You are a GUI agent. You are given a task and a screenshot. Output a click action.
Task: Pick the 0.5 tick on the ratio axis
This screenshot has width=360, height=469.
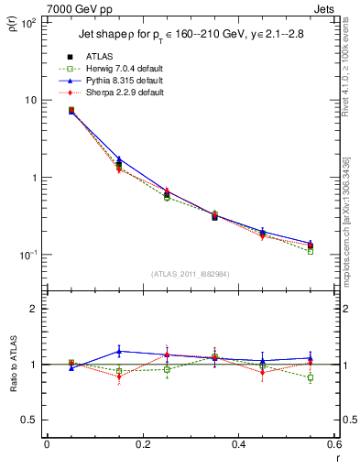29,420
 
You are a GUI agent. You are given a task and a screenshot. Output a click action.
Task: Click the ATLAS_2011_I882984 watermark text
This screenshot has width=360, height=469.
191,273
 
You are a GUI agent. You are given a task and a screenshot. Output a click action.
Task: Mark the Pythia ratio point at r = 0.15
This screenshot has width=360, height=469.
119,351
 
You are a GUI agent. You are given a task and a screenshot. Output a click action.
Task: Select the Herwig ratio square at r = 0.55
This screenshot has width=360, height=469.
311,377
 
